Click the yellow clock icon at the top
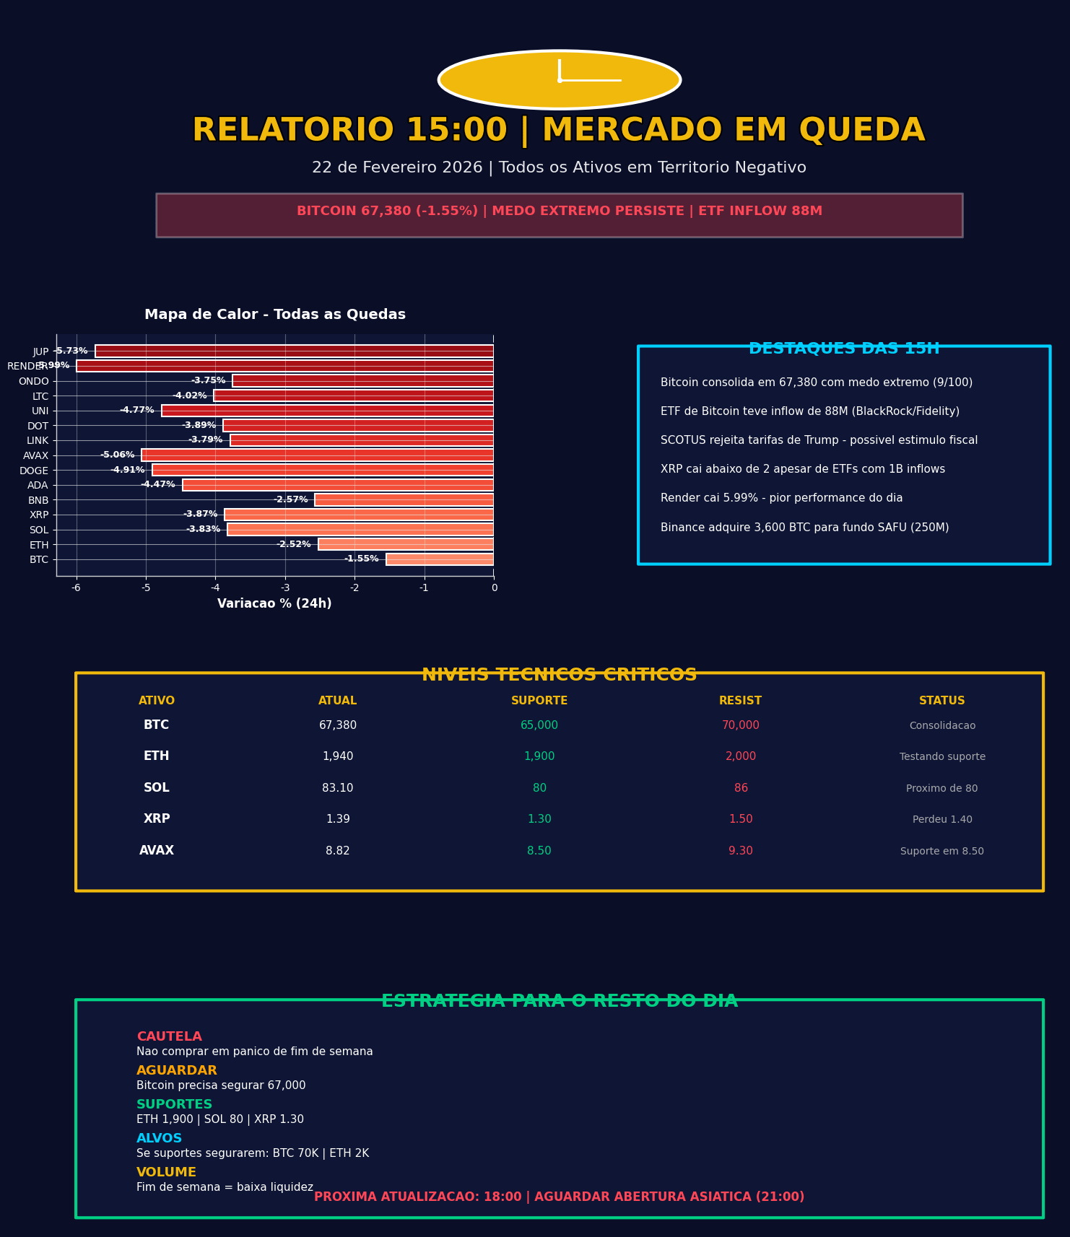click(560, 80)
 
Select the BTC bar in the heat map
click(440, 559)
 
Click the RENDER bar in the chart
click(285, 366)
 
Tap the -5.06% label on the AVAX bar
click(118, 455)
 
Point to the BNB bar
click(404, 500)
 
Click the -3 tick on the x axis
click(285, 588)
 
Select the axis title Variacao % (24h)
click(274, 604)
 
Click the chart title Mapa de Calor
click(275, 315)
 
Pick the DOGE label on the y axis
click(34, 471)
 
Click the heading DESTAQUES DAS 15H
click(844, 349)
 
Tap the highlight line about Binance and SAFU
click(804, 528)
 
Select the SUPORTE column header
click(539, 701)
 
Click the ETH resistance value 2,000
click(741, 756)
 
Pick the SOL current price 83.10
click(338, 788)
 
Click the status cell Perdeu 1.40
click(942, 820)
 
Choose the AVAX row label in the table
click(157, 851)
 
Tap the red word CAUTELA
click(169, 1037)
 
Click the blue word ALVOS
click(159, 1139)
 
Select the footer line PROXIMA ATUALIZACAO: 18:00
click(559, 1197)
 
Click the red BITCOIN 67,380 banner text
click(559, 211)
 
